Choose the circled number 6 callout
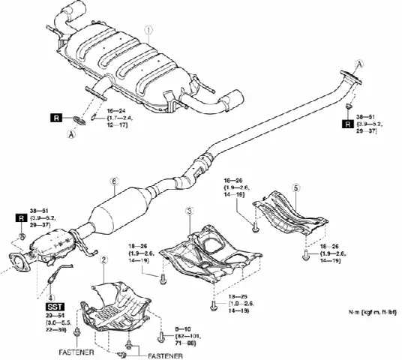(113, 181)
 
